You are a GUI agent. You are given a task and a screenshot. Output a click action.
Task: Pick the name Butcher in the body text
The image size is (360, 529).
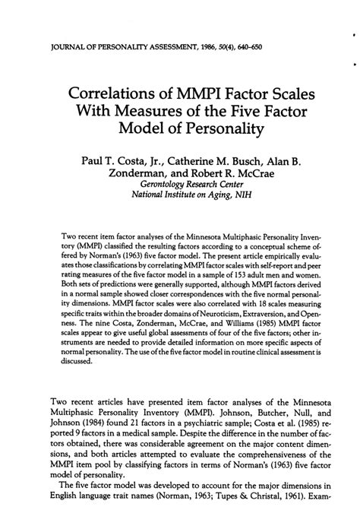point(256,434)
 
